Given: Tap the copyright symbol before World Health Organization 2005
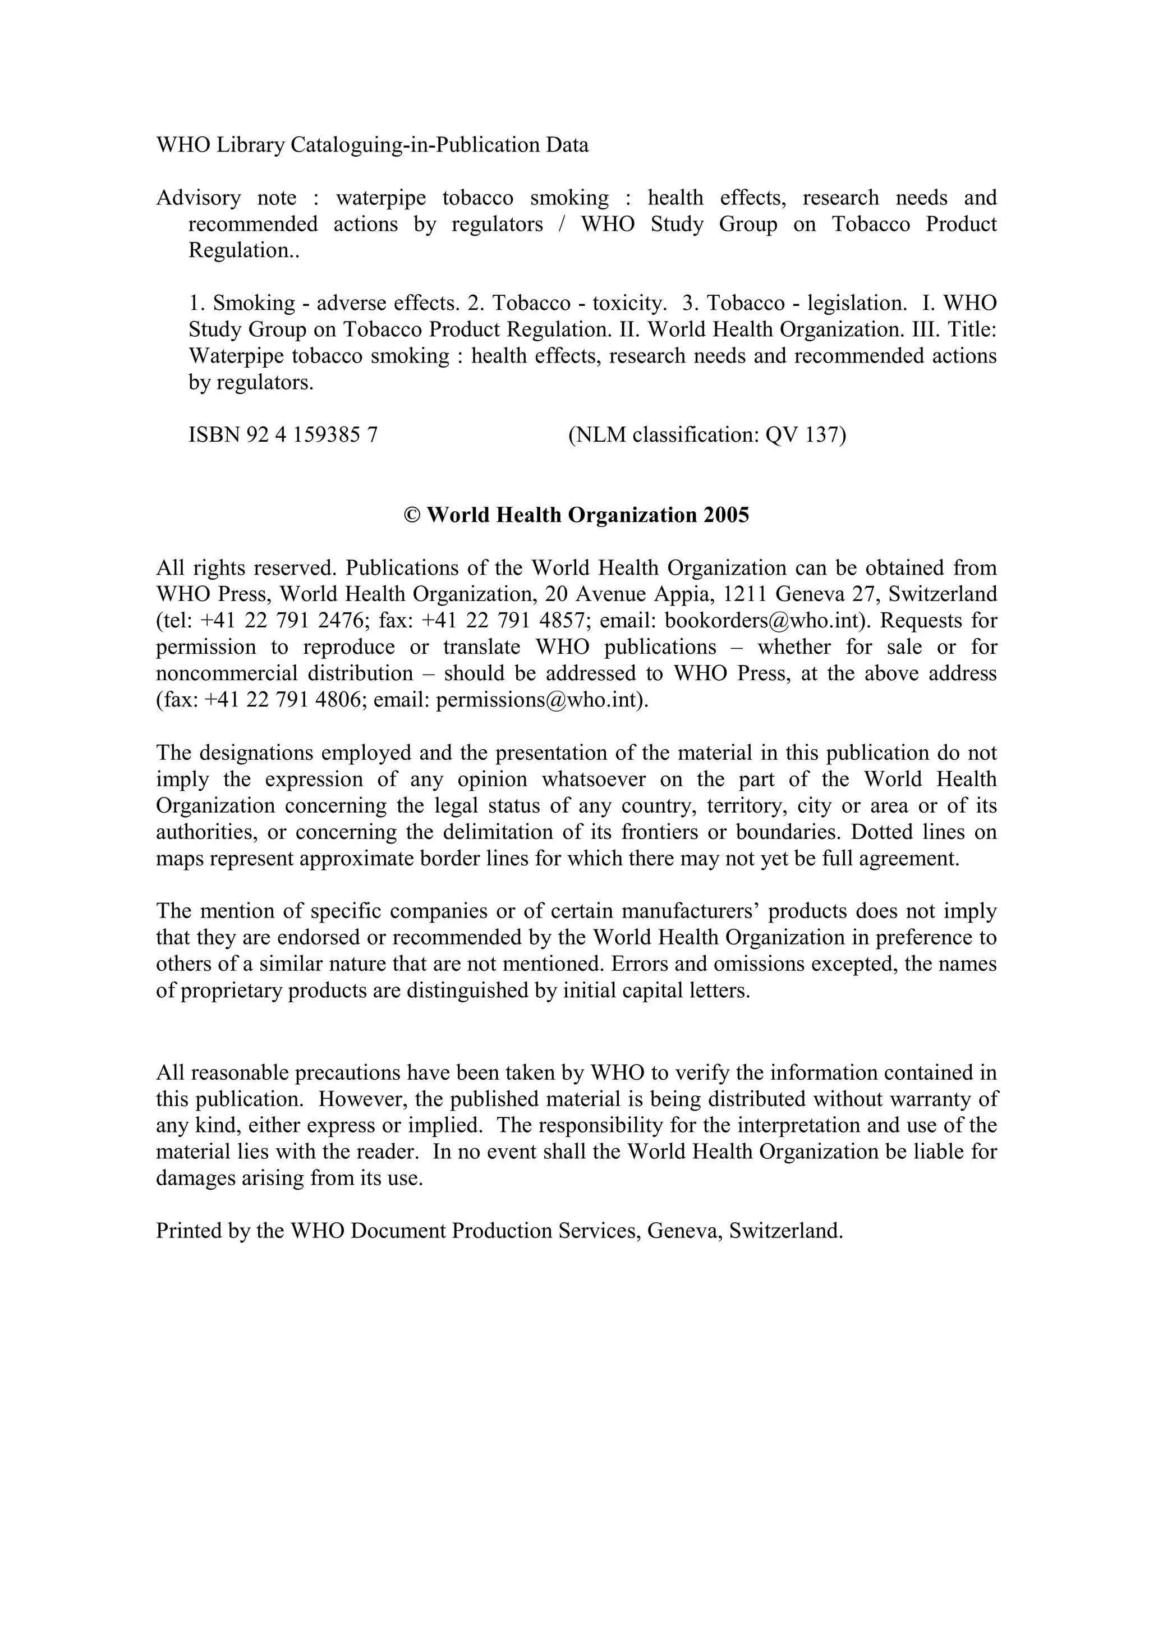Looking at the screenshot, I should [411, 515].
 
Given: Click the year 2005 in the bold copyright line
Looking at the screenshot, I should [727, 515].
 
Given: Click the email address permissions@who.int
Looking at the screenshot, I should [540, 699].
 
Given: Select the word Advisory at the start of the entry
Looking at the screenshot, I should [198, 198].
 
